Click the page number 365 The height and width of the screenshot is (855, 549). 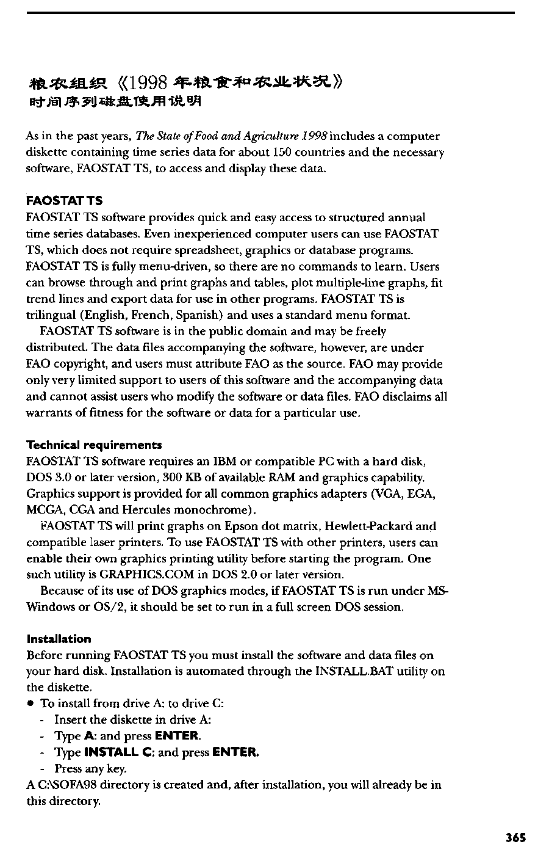coord(515,837)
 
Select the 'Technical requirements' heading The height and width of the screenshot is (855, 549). coord(95,445)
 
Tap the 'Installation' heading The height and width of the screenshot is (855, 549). coord(59,639)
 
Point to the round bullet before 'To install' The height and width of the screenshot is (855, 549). coord(30,704)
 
